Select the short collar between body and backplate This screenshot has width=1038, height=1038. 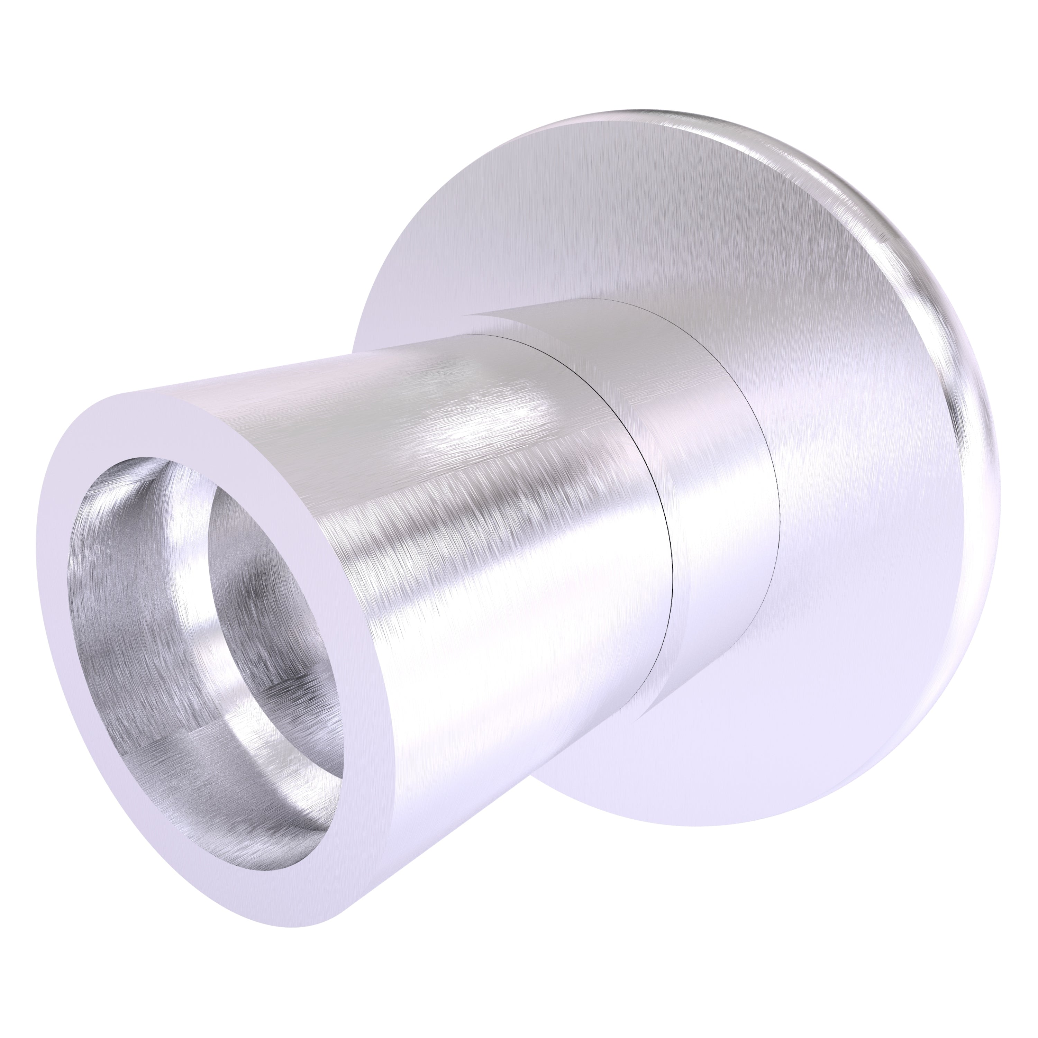pyautogui.click(x=720, y=484)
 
